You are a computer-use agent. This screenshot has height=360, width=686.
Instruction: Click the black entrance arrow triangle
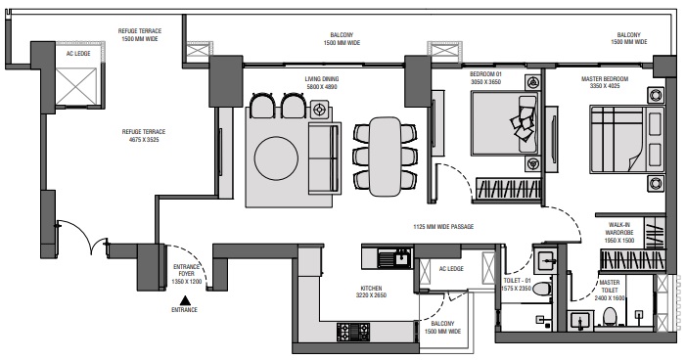(186, 300)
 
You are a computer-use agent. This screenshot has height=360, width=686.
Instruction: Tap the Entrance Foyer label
(187, 274)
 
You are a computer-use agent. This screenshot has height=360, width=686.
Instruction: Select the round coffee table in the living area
(277, 158)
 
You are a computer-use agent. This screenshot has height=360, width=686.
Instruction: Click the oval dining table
(385, 157)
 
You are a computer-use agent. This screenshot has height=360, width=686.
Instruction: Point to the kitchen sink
(394, 257)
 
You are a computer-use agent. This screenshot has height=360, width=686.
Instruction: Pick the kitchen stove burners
(353, 332)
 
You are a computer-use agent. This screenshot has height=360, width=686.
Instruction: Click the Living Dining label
(322, 83)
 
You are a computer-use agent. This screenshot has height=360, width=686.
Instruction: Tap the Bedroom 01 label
(485, 78)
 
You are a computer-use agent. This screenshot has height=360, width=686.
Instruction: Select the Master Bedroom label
(605, 82)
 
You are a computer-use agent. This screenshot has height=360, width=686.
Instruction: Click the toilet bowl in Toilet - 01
(542, 289)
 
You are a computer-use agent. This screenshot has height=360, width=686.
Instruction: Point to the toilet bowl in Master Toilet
(610, 317)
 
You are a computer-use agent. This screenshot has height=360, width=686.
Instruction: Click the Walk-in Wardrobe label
(619, 233)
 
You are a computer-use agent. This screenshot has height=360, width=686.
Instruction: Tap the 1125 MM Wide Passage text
(443, 227)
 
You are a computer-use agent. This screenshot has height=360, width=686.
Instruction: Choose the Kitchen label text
(371, 292)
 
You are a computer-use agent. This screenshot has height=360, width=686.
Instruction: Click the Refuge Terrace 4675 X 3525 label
(144, 136)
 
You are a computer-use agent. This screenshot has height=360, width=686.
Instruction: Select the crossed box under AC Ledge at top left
(76, 87)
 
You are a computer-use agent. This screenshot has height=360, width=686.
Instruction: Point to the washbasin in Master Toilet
(580, 322)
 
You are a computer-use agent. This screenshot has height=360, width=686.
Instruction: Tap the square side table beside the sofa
(319, 109)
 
